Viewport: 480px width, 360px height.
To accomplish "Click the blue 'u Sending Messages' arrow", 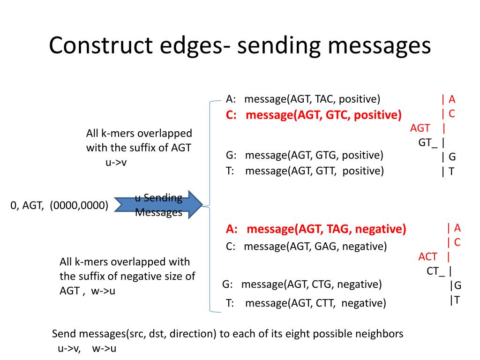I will (x=159, y=205).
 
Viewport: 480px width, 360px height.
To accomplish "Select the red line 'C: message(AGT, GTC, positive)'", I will (x=314, y=115).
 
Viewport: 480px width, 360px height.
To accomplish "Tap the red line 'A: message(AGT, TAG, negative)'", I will (x=316, y=229).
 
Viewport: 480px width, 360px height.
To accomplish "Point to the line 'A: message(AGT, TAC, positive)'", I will (x=303, y=99).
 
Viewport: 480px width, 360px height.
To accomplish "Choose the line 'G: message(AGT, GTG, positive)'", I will (x=304, y=156).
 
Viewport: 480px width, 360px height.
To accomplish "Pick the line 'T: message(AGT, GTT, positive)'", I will (x=305, y=171).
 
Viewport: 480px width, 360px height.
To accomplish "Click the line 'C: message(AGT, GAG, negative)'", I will (x=306, y=246).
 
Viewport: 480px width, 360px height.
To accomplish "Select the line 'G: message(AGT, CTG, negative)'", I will (x=302, y=284).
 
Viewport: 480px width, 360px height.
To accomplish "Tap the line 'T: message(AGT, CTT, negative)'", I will (x=306, y=303).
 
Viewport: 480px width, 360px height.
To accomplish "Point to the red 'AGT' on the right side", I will (x=420, y=128).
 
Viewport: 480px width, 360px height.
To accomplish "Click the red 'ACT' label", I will (x=428, y=256).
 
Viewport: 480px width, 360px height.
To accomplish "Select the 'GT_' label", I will (x=428, y=142).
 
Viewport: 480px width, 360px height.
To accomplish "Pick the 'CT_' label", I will (x=436, y=271).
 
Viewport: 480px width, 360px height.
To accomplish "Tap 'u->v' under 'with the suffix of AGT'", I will (x=116, y=163).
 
